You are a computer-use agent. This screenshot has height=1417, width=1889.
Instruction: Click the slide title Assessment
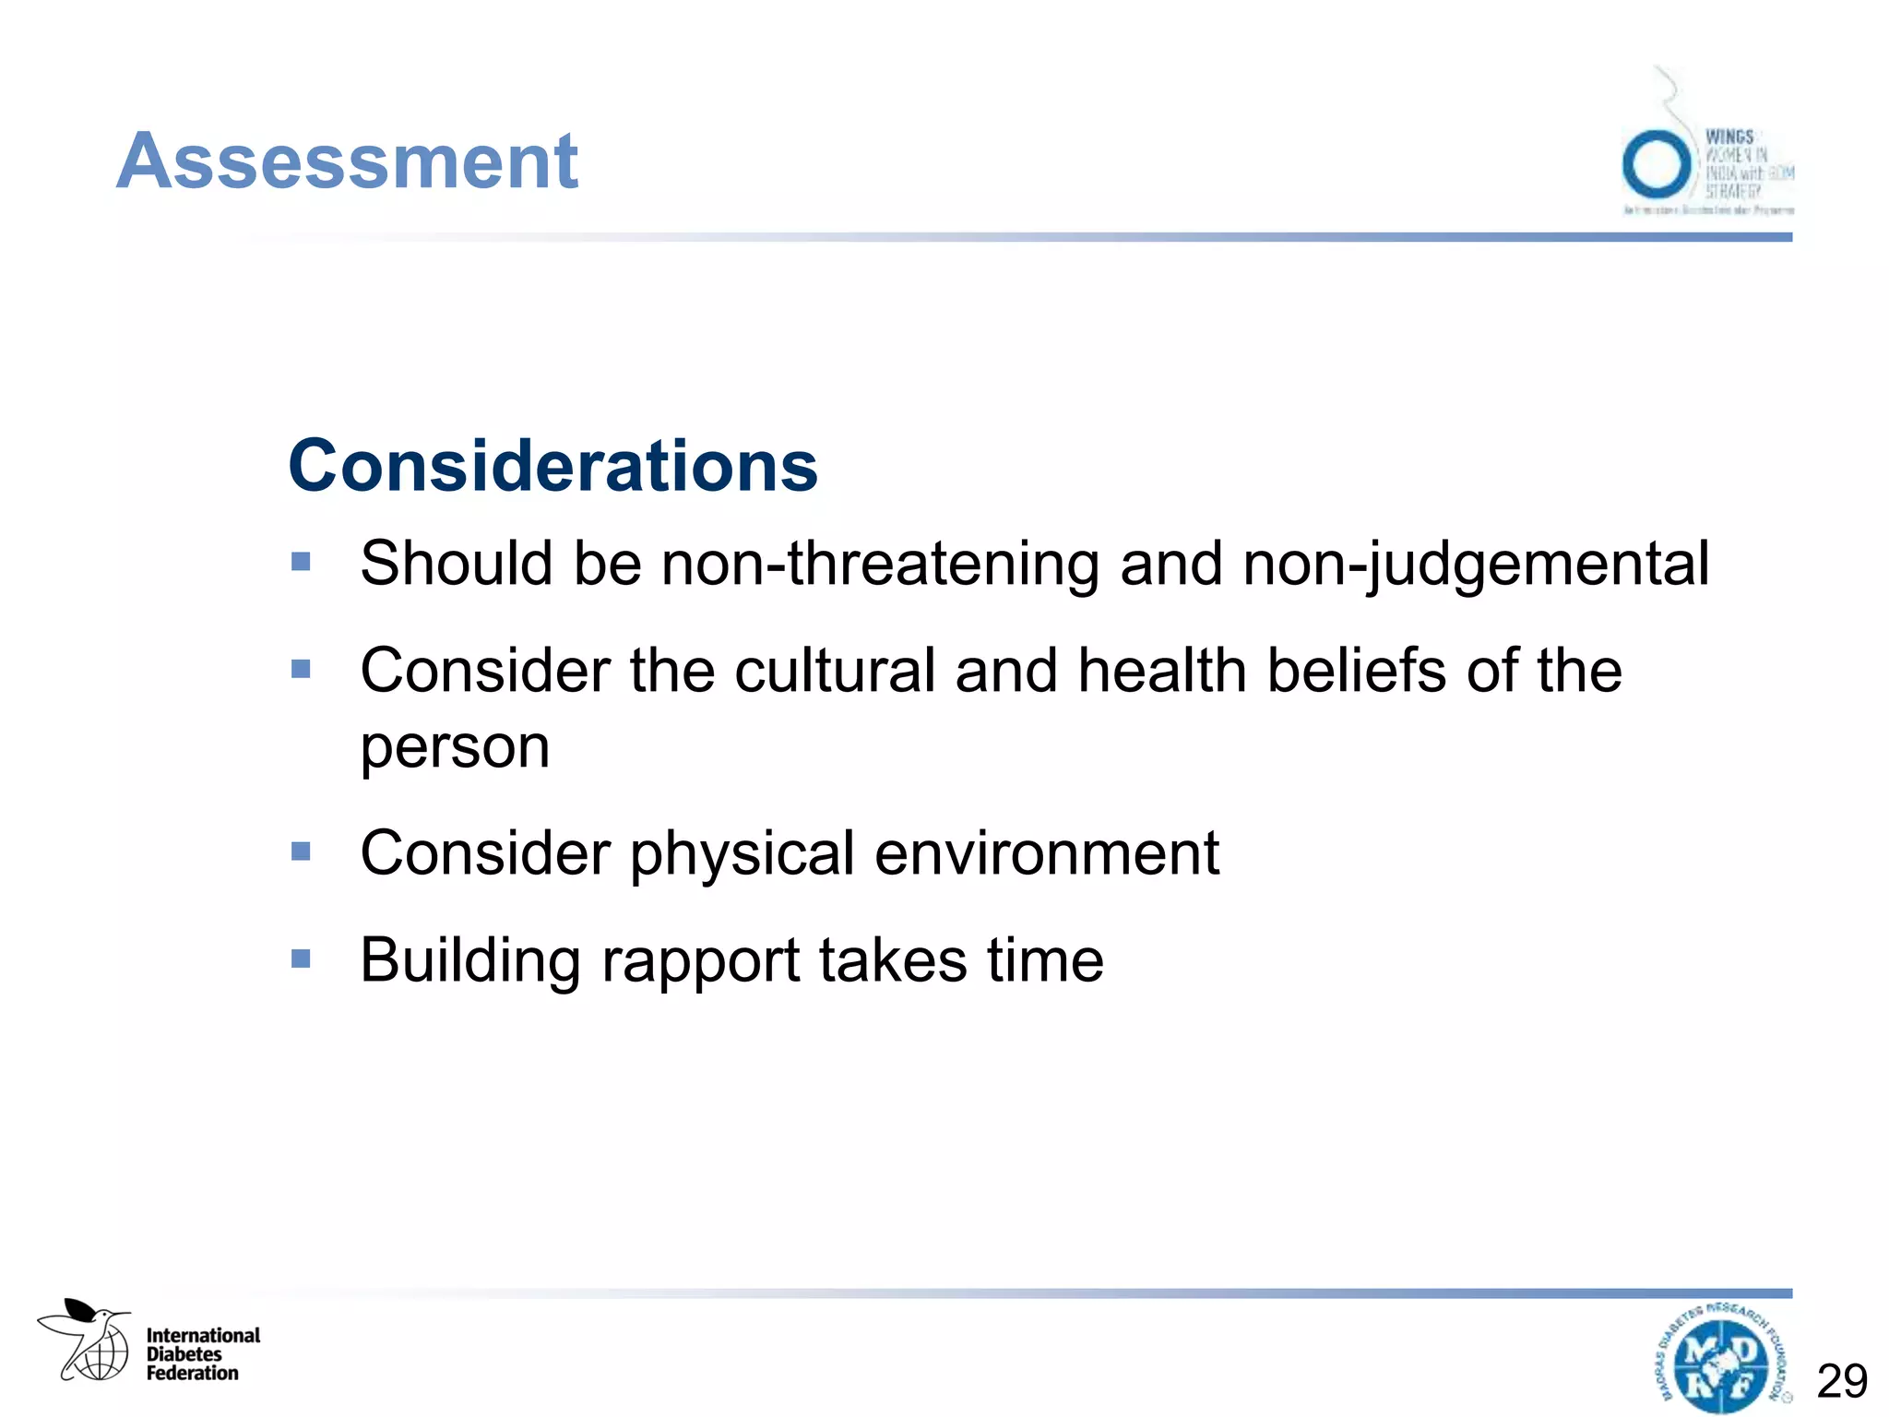pyautogui.click(x=347, y=161)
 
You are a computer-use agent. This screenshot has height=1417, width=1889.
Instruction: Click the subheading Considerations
pyautogui.click(x=552, y=466)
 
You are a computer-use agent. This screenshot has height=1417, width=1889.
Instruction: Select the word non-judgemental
pyautogui.click(x=1476, y=565)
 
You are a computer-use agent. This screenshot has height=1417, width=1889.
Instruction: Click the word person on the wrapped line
pyautogui.click(x=455, y=746)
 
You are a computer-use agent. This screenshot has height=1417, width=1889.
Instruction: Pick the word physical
pyautogui.click(x=742, y=853)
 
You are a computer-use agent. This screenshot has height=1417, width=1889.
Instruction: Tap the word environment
pyautogui.click(x=1047, y=853)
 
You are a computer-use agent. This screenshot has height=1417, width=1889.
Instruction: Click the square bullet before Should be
pyautogui.click(x=301, y=562)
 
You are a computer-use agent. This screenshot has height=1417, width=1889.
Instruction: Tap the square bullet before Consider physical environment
pyautogui.click(x=301, y=851)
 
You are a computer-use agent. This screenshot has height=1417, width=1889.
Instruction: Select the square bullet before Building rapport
pyautogui.click(x=301, y=959)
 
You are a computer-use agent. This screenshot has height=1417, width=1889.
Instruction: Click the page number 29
pyautogui.click(x=1842, y=1381)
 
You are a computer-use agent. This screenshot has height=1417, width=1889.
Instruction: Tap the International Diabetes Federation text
pyautogui.click(x=203, y=1354)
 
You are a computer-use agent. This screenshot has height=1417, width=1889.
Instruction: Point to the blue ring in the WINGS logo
pyautogui.click(x=1657, y=165)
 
